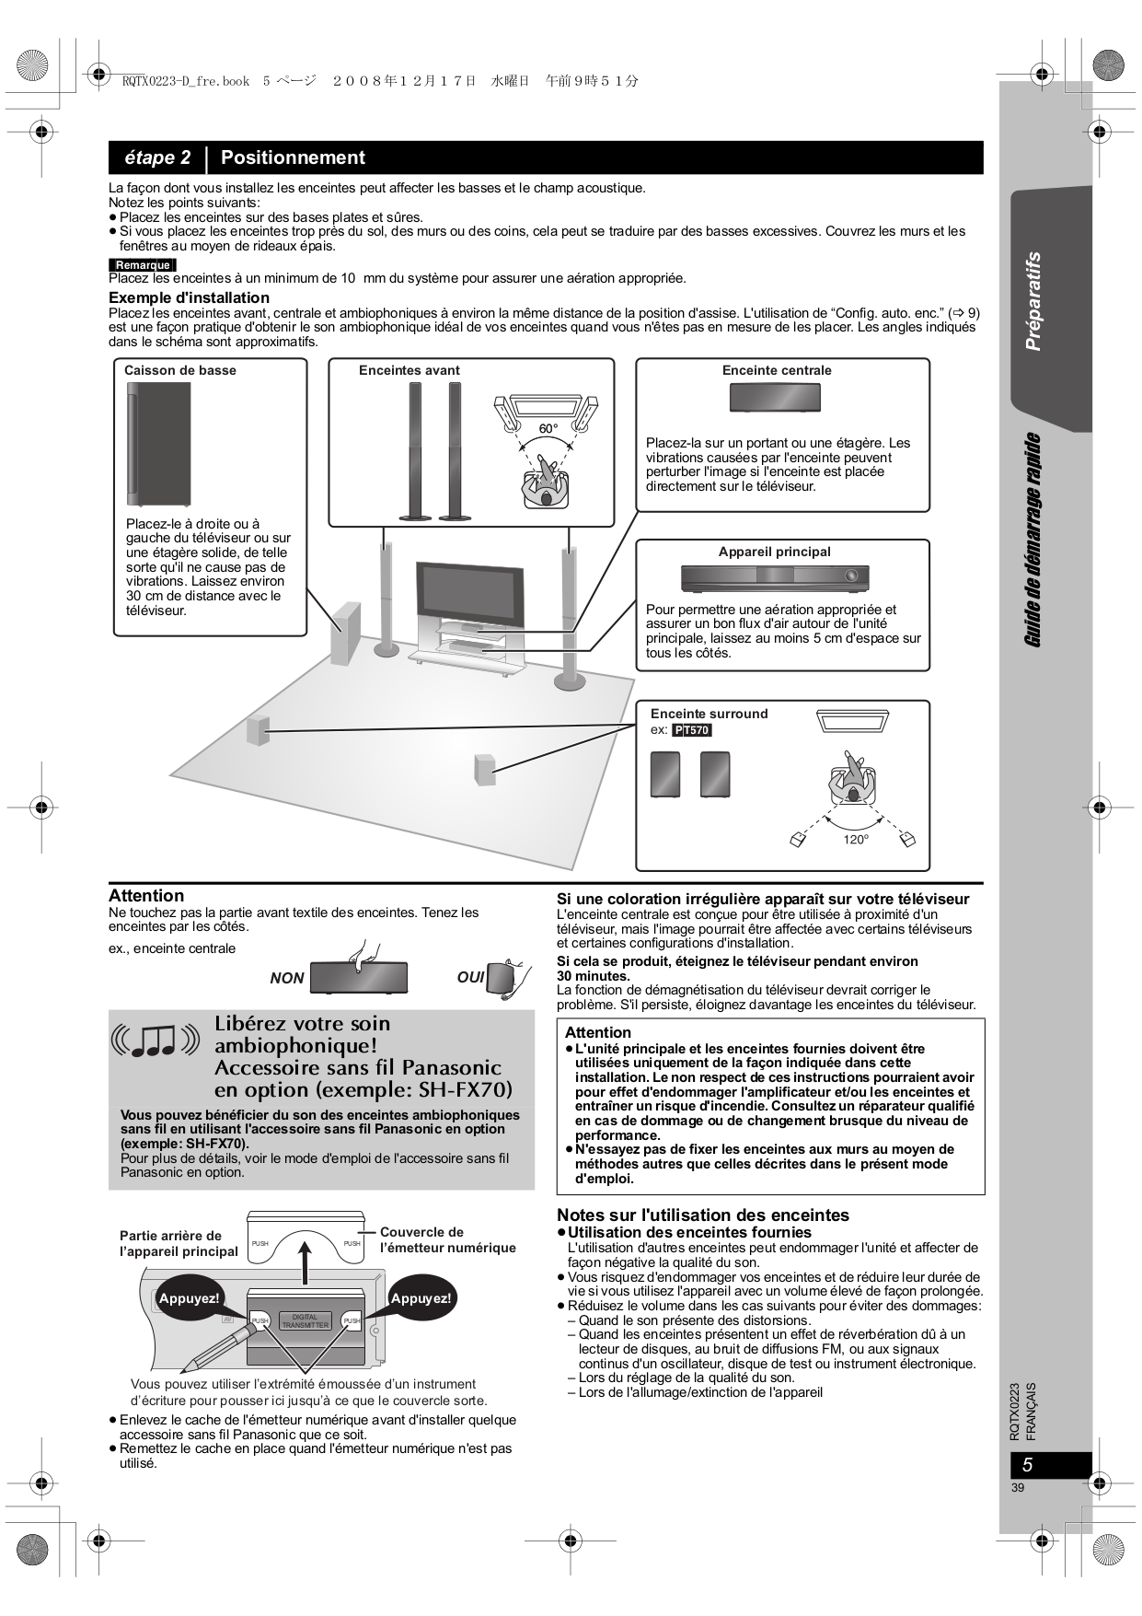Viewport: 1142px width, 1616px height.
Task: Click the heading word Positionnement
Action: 293,157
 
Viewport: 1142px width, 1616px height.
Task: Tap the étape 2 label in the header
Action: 157,157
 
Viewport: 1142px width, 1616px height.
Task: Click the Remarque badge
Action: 142,265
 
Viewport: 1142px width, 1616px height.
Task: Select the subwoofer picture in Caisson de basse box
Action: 158,443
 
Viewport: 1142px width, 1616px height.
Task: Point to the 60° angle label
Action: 548,429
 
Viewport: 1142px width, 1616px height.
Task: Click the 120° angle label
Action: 856,839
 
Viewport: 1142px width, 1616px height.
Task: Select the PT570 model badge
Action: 692,730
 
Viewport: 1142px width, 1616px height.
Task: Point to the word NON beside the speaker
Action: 287,978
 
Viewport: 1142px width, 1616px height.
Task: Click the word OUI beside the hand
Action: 470,976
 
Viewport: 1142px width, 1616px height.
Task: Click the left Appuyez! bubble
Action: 189,1298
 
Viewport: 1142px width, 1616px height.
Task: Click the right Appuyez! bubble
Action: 421,1298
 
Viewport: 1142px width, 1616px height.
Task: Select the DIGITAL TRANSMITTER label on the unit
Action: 305,1321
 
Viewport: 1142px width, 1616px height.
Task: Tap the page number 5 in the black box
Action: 1028,1465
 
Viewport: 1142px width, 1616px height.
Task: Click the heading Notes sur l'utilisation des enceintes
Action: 702,1215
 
